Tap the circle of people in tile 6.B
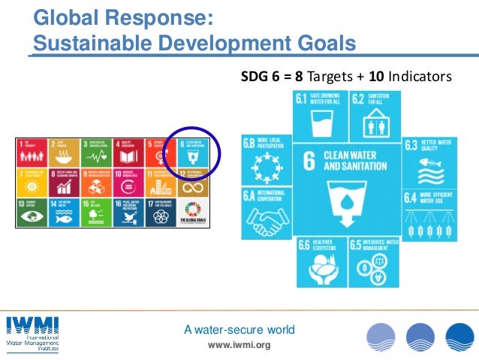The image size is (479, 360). coord(266,165)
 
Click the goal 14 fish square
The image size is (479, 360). coord(65,213)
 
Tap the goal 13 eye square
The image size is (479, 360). coord(32,213)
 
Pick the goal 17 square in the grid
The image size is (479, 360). coord(161,213)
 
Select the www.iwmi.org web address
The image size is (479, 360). coord(239,345)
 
